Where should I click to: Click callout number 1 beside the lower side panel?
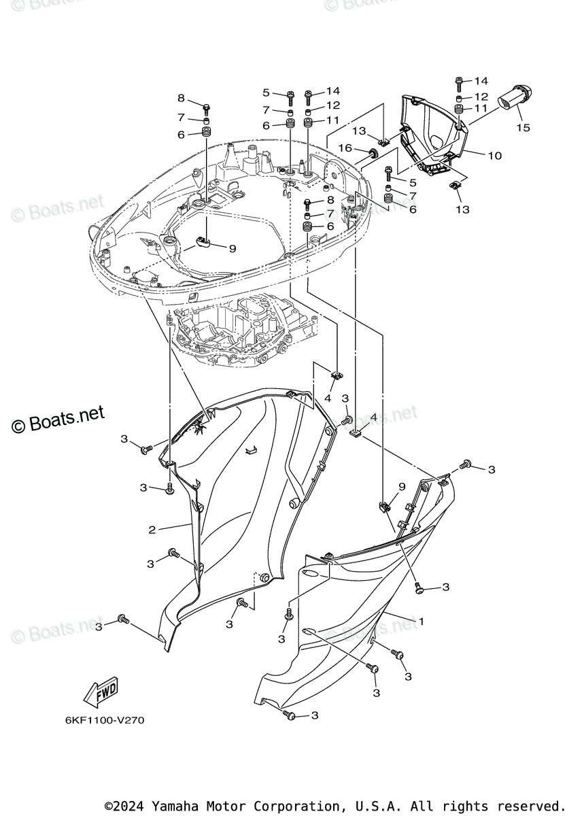421,621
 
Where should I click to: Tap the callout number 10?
494,156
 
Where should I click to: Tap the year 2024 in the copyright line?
127,806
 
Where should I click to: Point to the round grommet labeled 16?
373,150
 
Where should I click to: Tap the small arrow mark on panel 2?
252,448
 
